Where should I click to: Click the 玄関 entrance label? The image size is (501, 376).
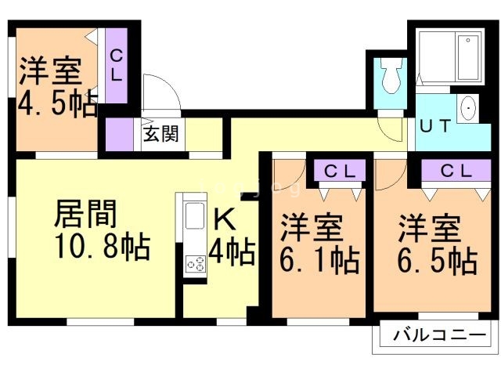pyautogui.click(x=160, y=132)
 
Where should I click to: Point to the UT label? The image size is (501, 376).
pyautogui.click(x=437, y=125)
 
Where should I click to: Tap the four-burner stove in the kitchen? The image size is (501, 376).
pyautogui.click(x=195, y=263)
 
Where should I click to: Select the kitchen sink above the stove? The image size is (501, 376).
pyautogui.click(x=194, y=215)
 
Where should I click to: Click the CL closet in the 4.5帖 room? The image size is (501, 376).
pyautogui.click(x=116, y=67)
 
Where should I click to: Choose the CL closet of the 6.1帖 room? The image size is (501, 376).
pyautogui.click(x=341, y=171)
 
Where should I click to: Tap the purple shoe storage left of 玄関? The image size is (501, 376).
pyautogui.click(x=120, y=132)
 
